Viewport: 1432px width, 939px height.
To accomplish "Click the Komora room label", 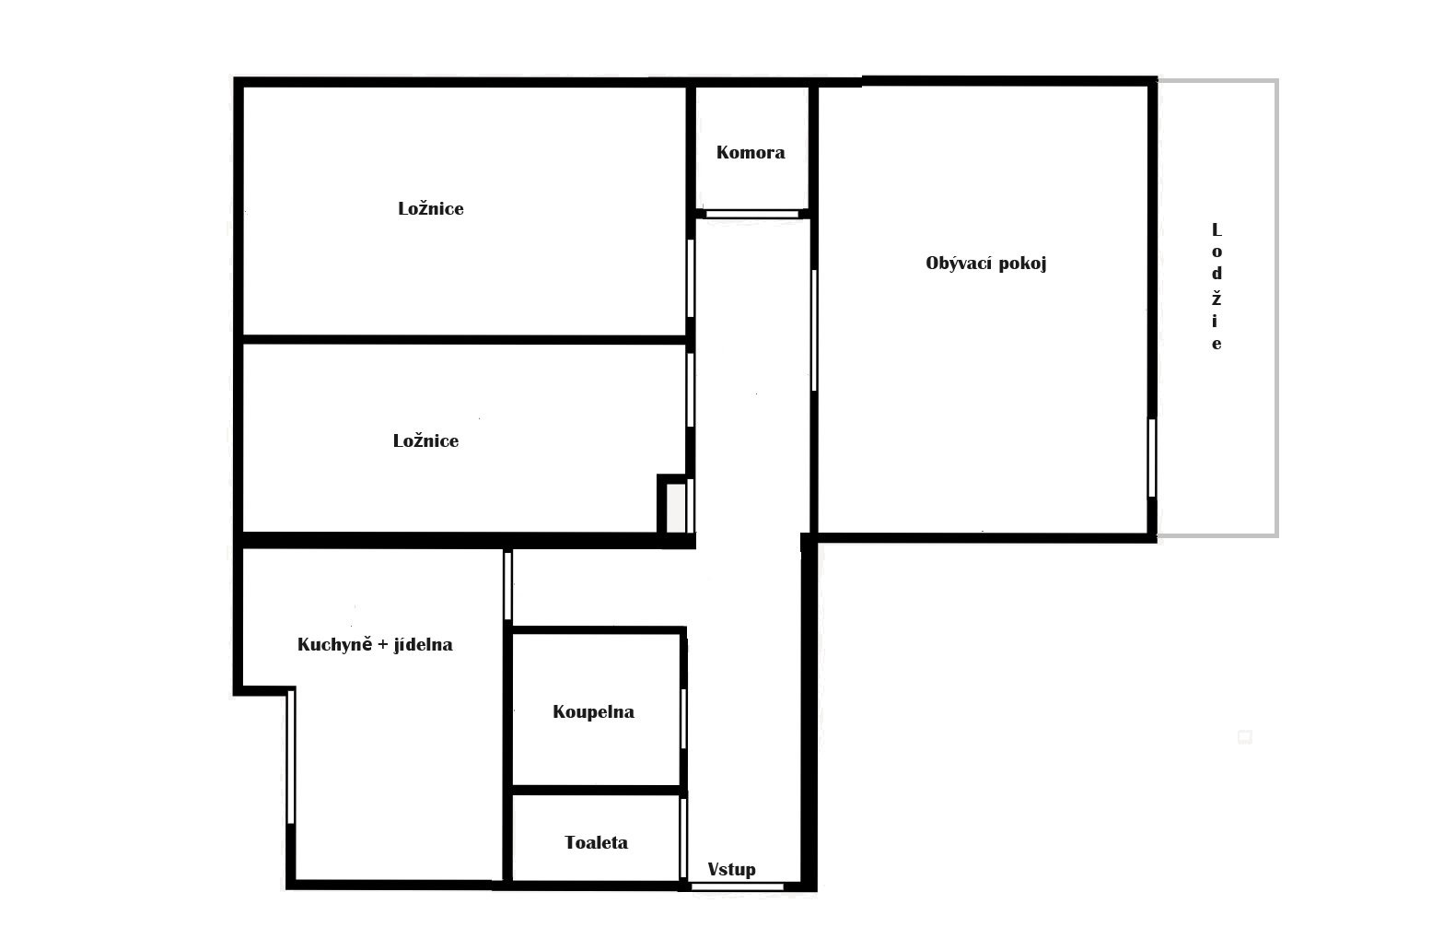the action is coord(751,152).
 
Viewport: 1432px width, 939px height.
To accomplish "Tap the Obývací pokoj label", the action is coord(985,264).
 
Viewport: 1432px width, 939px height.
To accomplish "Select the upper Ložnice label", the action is coord(431,208).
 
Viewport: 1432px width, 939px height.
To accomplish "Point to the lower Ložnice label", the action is coord(425,440).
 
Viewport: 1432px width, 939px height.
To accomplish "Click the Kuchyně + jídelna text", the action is coord(375,644).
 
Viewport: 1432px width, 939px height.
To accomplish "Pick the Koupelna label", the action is coord(593,712).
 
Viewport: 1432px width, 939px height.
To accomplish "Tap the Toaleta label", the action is coord(597,842).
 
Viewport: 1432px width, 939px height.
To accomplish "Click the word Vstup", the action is coord(731,869).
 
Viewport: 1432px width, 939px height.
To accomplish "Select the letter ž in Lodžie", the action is coord(1217,298).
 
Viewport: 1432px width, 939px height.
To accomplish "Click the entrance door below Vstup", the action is coord(737,886).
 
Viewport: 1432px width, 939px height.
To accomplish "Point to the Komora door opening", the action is coord(751,215).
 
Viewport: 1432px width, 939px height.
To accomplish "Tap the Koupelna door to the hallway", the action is coord(683,719).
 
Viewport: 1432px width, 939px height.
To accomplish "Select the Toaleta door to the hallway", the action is coord(683,838).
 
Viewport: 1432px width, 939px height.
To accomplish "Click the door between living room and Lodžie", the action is coord(1152,458).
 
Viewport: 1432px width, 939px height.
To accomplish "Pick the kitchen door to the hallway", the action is coord(507,585).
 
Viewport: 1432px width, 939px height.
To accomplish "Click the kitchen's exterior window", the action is coord(290,756).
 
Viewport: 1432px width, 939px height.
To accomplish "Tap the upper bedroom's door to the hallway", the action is coord(691,277).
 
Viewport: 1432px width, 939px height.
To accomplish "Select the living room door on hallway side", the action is coord(814,330).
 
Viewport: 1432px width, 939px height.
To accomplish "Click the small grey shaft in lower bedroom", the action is coord(676,507).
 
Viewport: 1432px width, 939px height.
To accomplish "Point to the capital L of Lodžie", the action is coord(1217,229).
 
